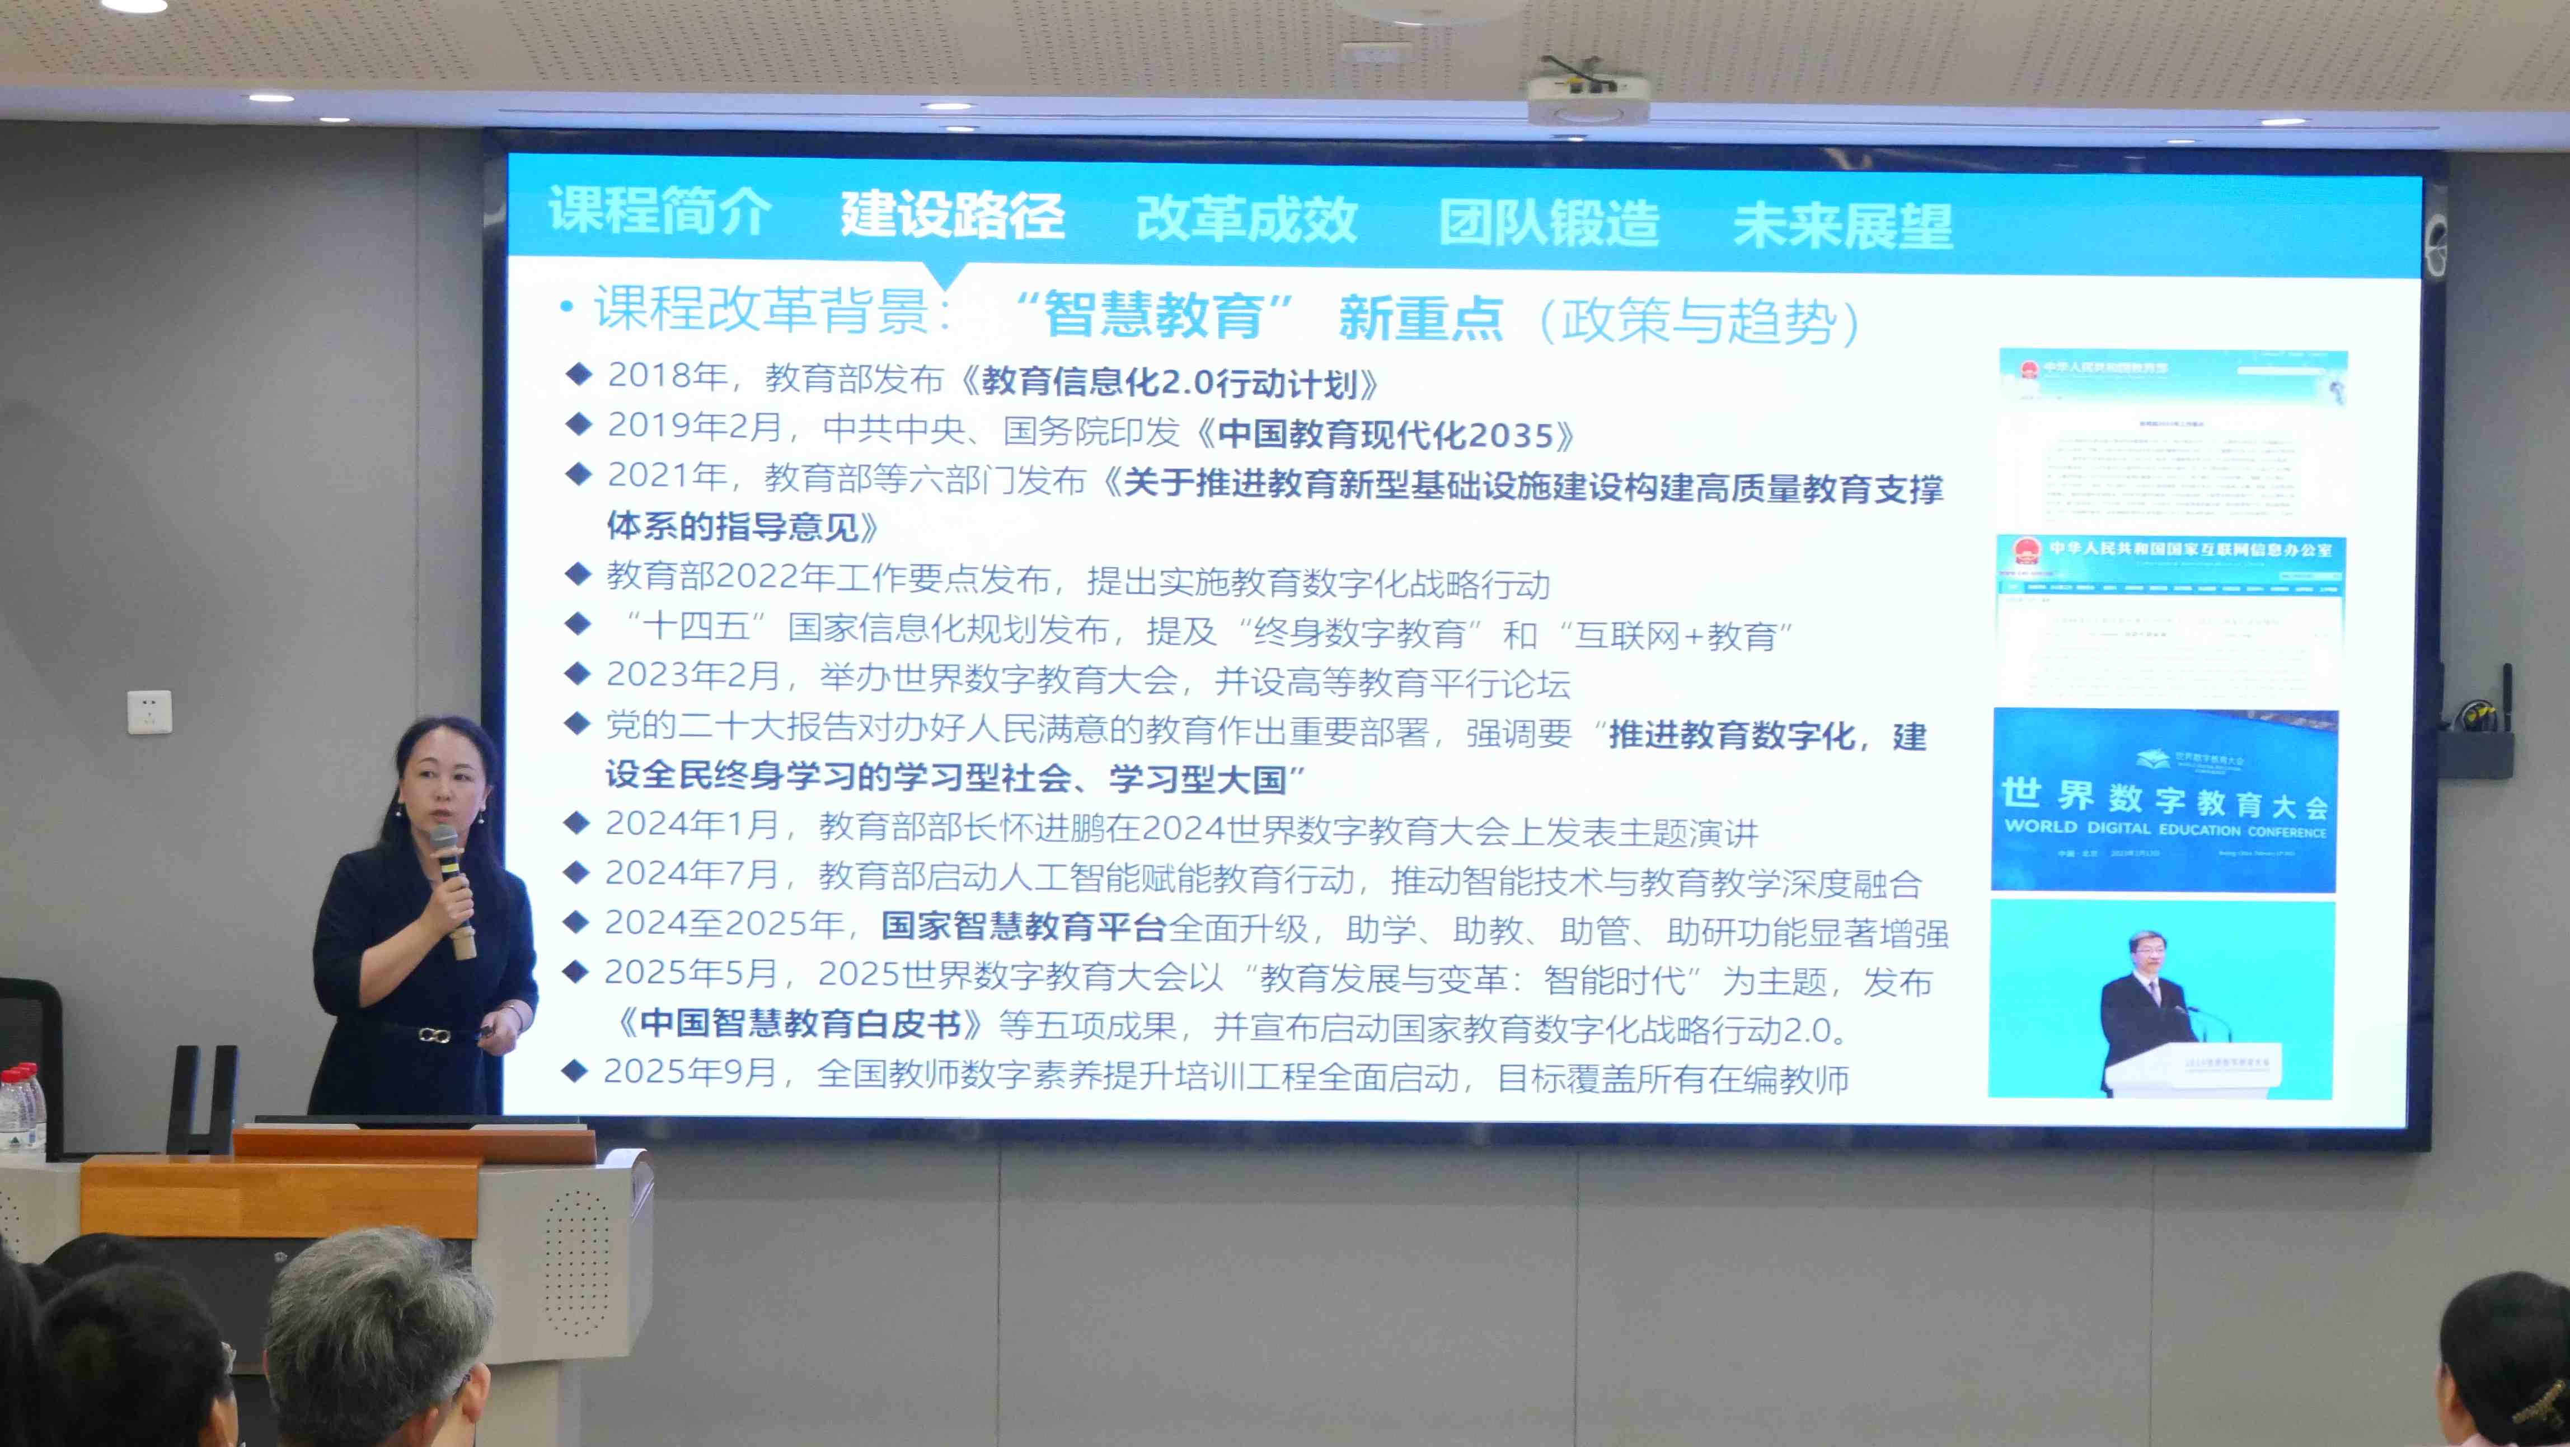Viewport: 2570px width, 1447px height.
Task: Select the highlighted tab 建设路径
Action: tap(952, 214)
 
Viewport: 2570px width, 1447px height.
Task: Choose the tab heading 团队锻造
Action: tap(1549, 222)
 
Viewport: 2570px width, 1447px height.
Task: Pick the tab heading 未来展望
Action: tap(1842, 225)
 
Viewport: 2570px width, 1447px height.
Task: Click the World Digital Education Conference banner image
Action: tap(2164, 800)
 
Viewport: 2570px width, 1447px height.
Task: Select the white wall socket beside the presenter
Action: tap(149, 712)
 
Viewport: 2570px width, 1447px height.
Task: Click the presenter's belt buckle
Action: tap(433, 1035)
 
